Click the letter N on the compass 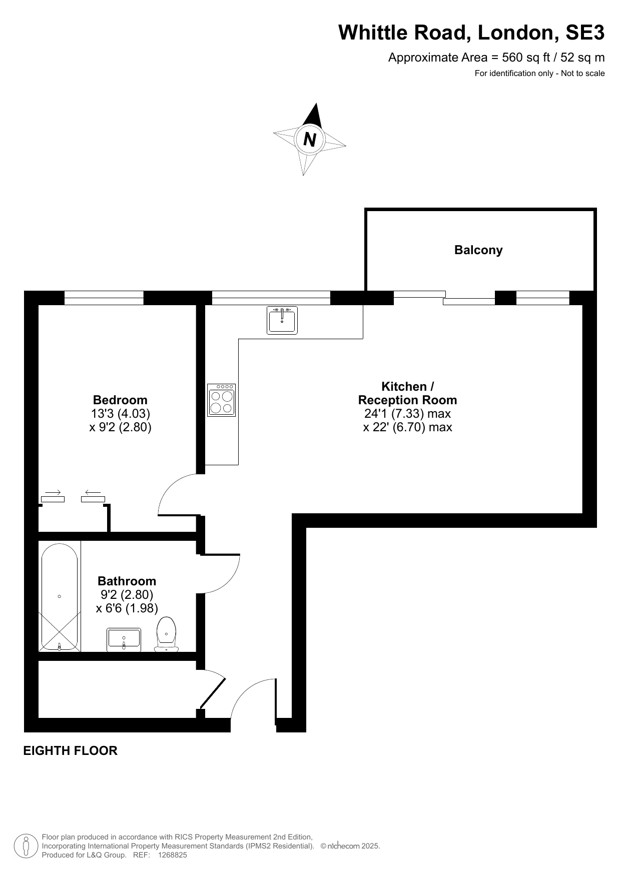[310, 139]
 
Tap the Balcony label [478, 250]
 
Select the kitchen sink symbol [282, 320]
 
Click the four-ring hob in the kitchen [222, 400]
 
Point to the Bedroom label [120, 400]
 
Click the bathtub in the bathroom [60, 597]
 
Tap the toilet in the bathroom [167, 634]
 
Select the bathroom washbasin [124, 640]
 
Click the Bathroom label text [127, 581]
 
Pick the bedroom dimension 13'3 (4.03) [120, 414]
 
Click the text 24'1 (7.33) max [407, 414]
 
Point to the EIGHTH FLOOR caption [71, 750]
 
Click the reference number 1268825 [172, 855]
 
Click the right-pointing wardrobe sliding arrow [53, 492]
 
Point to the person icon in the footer [26, 846]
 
